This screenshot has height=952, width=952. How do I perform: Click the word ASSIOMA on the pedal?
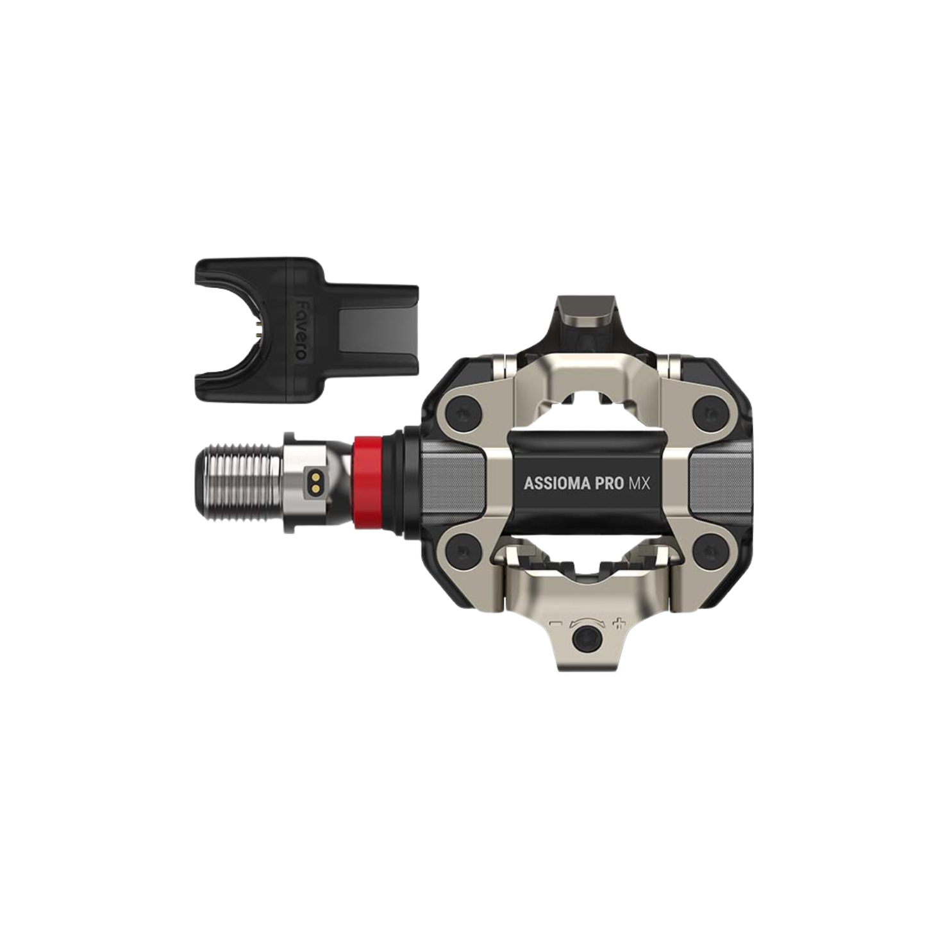(x=556, y=483)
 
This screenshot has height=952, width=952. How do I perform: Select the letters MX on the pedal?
(x=638, y=483)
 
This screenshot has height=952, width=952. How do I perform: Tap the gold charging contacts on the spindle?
(x=315, y=483)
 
